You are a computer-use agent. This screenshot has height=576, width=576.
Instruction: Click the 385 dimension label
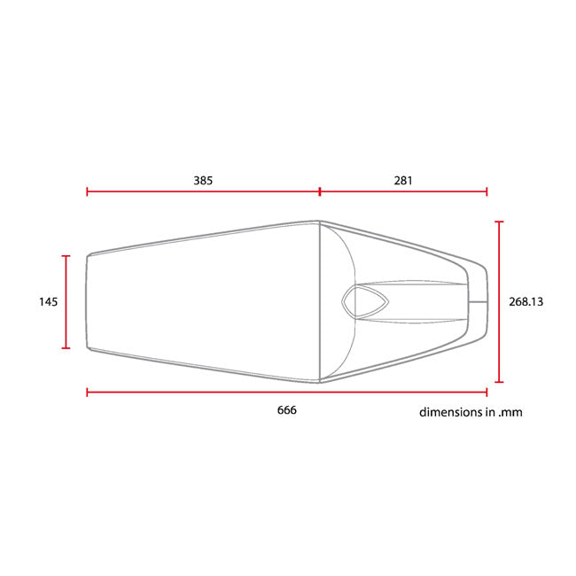[x=203, y=181]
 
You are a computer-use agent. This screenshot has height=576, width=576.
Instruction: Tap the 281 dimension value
[x=403, y=181]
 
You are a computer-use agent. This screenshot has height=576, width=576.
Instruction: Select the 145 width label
[x=49, y=301]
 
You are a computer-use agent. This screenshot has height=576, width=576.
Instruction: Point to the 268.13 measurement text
[x=525, y=301]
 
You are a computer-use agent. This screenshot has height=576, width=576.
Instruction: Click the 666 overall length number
[x=286, y=410]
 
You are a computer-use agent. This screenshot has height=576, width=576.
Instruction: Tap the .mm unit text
[x=510, y=413]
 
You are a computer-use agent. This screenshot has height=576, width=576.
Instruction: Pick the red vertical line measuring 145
[x=66, y=302]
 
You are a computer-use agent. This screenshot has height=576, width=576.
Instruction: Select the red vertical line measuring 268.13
[x=499, y=301]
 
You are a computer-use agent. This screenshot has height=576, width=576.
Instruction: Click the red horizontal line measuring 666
[x=287, y=393]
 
